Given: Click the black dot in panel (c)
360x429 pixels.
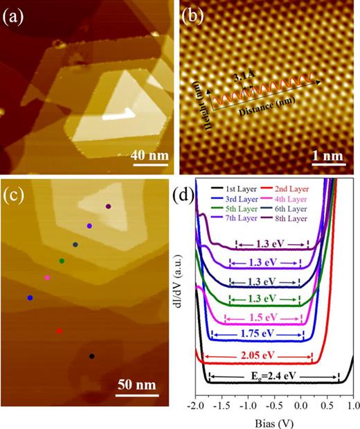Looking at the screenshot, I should tap(92, 356).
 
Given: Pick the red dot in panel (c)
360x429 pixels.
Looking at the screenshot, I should tap(60, 331).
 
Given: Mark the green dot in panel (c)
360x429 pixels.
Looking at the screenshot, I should tap(62, 261).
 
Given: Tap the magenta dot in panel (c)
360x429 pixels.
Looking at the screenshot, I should tap(47, 278).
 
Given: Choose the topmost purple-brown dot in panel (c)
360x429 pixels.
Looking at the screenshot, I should tap(108, 207).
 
